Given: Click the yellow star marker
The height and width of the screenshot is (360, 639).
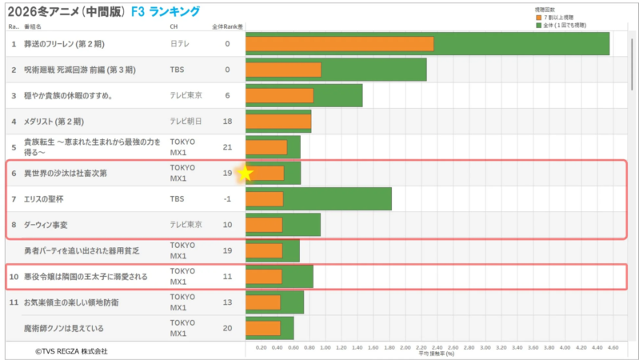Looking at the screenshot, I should [x=246, y=173].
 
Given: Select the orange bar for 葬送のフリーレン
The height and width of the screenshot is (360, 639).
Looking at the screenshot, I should [x=339, y=43].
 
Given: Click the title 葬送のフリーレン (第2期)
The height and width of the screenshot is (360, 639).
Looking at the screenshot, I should [x=67, y=43].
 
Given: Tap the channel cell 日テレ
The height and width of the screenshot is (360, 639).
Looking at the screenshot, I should [x=181, y=43].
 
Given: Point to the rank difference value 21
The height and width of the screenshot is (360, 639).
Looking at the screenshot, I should [x=227, y=147].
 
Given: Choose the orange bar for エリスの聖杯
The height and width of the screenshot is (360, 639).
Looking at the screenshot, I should [x=264, y=199].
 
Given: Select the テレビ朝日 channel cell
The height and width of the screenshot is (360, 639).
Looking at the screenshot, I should [x=186, y=122].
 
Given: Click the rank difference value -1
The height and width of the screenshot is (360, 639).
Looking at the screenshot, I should [x=227, y=199].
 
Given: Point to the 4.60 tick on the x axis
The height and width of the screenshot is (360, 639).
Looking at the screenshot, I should [x=613, y=348].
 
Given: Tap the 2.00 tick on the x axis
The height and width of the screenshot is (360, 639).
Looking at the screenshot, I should [x=405, y=348].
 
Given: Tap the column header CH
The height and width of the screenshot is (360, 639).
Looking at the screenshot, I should [x=174, y=26].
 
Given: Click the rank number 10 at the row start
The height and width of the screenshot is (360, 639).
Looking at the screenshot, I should [x=13, y=277].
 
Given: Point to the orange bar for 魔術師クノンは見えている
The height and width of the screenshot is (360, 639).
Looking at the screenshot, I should [x=263, y=328].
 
